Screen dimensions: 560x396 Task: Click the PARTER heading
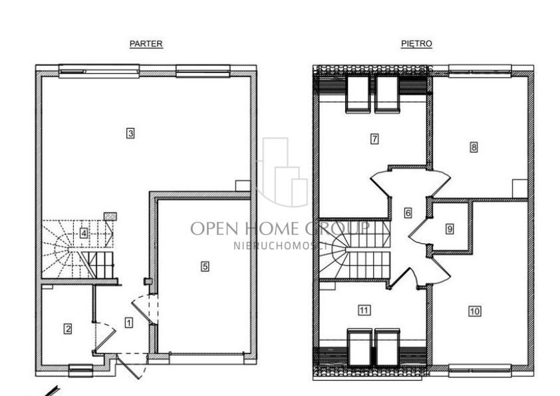[146, 44]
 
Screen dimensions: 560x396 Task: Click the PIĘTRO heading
[416, 44]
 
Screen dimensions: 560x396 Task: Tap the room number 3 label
[130, 134]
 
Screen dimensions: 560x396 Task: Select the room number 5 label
[205, 266]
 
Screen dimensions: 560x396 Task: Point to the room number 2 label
[67, 328]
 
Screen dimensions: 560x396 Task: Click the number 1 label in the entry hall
[128, 323]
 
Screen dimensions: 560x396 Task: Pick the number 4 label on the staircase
[83, 234]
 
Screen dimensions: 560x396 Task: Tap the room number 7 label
[374, 138]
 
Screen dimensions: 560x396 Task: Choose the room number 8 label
[474, 147]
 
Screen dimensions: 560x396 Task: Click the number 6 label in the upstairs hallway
[408, 213]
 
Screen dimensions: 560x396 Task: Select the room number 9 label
[450, 229]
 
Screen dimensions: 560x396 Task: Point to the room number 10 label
[475, 311]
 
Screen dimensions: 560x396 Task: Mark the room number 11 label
[364, 310]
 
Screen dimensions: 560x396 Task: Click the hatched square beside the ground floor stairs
[110, 216]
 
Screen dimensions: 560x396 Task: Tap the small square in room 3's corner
[243, 186]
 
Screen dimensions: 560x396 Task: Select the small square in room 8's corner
[520, 188]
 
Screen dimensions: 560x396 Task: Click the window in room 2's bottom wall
[80, 370]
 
